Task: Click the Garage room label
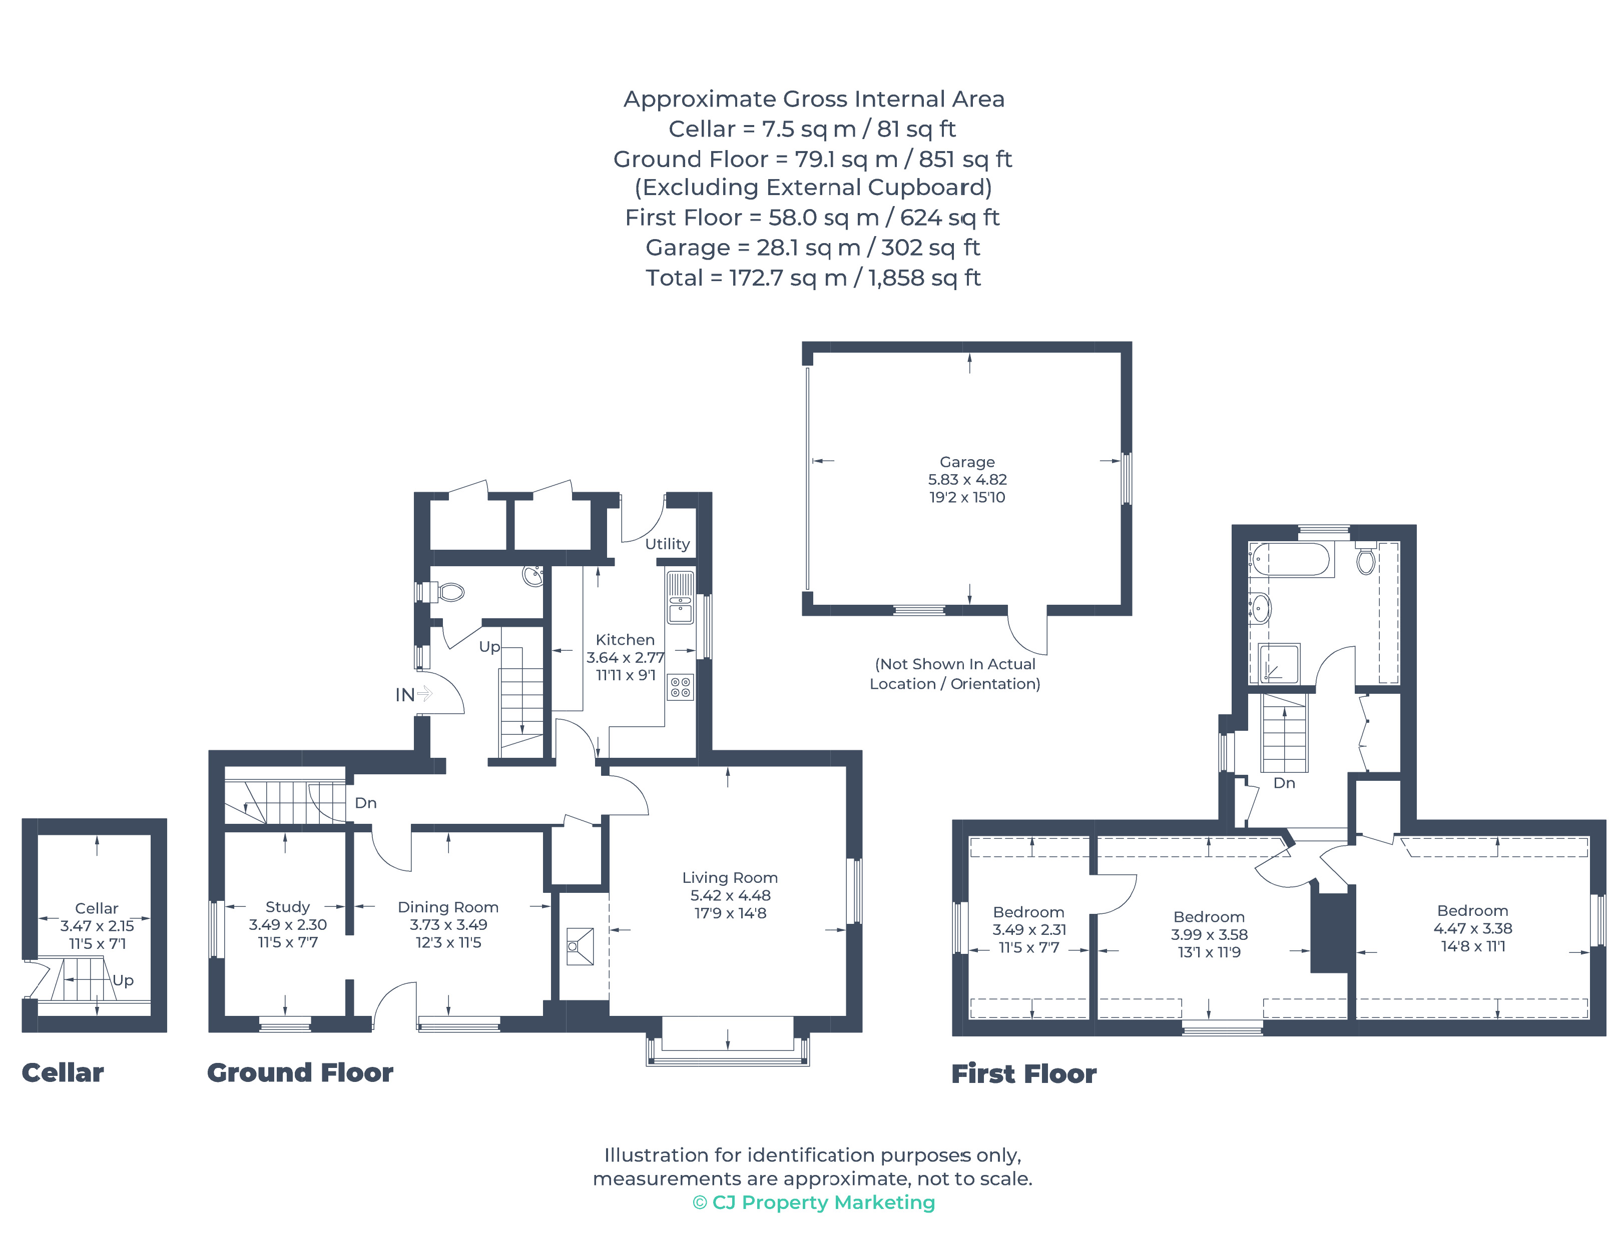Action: click(966, 462)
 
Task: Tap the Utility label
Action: click(667, 544)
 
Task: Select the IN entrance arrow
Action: click(423, 694)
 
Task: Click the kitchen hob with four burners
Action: click(680, 687)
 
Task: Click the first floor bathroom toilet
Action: click(1365, 560)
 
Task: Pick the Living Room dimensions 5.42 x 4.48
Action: click(730, 895)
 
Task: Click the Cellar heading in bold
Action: click(63, 1072)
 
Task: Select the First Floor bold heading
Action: click(1023, 1074)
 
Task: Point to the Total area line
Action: click(812, 278)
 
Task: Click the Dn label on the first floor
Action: click(1284, 783)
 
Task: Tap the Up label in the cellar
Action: click(123, 980)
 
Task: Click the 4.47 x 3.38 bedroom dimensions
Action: click(1472, 928)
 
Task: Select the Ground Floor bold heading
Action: click(300, 1072)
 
